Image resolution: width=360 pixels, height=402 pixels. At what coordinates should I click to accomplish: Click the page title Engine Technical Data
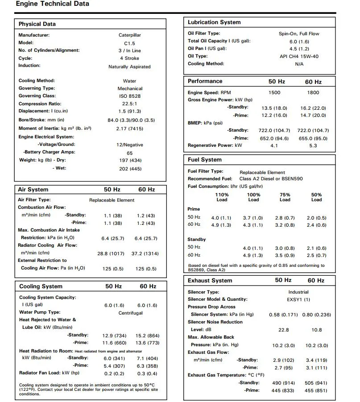pyautogui.click(x=53, y=4)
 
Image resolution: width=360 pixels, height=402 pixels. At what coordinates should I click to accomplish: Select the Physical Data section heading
pyautogui.click(x=37, y=24)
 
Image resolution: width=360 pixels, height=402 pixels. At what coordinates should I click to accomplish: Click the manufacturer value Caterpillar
pyautogui.click(x=130, y=35)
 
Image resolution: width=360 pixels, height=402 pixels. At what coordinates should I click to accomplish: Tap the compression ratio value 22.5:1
pyautogui.click(x=130, y=104)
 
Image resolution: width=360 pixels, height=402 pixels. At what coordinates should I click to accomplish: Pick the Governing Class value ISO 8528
pyautogui.click(x=130, y=96)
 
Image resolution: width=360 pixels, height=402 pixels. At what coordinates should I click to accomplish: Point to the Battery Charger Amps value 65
pyautogui.click(x=130, y=153)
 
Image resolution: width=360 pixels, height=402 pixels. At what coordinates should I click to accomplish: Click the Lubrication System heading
pyautogui.click(x=214, y=22)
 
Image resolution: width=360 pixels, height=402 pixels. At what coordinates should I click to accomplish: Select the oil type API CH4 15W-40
pyautogui.click(x=299, y=57)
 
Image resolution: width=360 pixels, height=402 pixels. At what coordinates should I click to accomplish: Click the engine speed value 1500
pyautogui.click(x=275, y=93)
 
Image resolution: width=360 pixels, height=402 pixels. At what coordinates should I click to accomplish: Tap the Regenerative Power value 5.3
pyautogui.click(x=313, y=146)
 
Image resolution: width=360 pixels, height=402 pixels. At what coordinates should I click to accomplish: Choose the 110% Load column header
pyautogui.click(x=222, y=197)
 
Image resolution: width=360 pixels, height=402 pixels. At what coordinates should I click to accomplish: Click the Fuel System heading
pyautogui.click(x=205, y=160)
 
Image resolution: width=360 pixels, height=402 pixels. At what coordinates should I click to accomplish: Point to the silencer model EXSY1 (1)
pyautogui.click(x=298, y=299)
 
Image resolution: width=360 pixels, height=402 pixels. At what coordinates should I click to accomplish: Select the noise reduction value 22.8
pyautogui.click(x=283, y=330)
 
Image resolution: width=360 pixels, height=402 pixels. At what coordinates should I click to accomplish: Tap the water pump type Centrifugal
pyautogui.click(x=131, y=313)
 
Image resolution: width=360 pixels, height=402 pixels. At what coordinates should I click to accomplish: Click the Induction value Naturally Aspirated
pyautogui.click(x=130, y=67)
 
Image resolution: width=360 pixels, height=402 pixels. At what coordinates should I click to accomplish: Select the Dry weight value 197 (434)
pyautogui.click(x=130, y=161)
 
